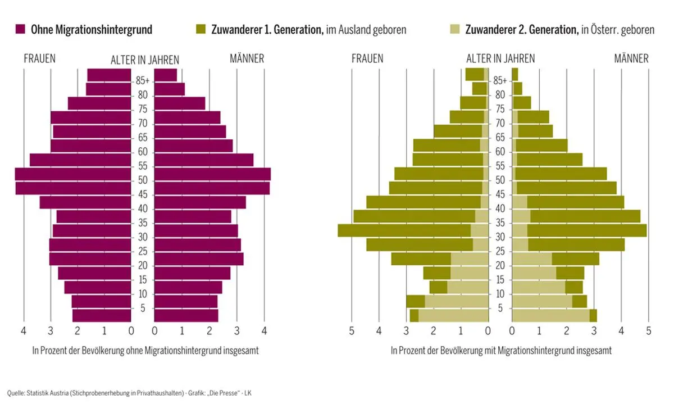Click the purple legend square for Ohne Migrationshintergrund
pos(21,30)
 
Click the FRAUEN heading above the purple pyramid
pos(40,58)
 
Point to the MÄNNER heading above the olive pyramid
pos(631,58)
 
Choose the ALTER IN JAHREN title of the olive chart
pos(500,58)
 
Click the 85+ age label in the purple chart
pos(143,81)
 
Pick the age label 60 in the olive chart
pos(500,152)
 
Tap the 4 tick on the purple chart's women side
pos(24,332)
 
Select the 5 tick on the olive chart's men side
pos(649,332)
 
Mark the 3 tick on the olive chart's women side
pos(406,332)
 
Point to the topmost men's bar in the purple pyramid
pos(166,75)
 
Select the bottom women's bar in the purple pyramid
pos(102,316)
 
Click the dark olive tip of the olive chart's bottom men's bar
pos(593,316)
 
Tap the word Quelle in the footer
pos(15,392)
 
